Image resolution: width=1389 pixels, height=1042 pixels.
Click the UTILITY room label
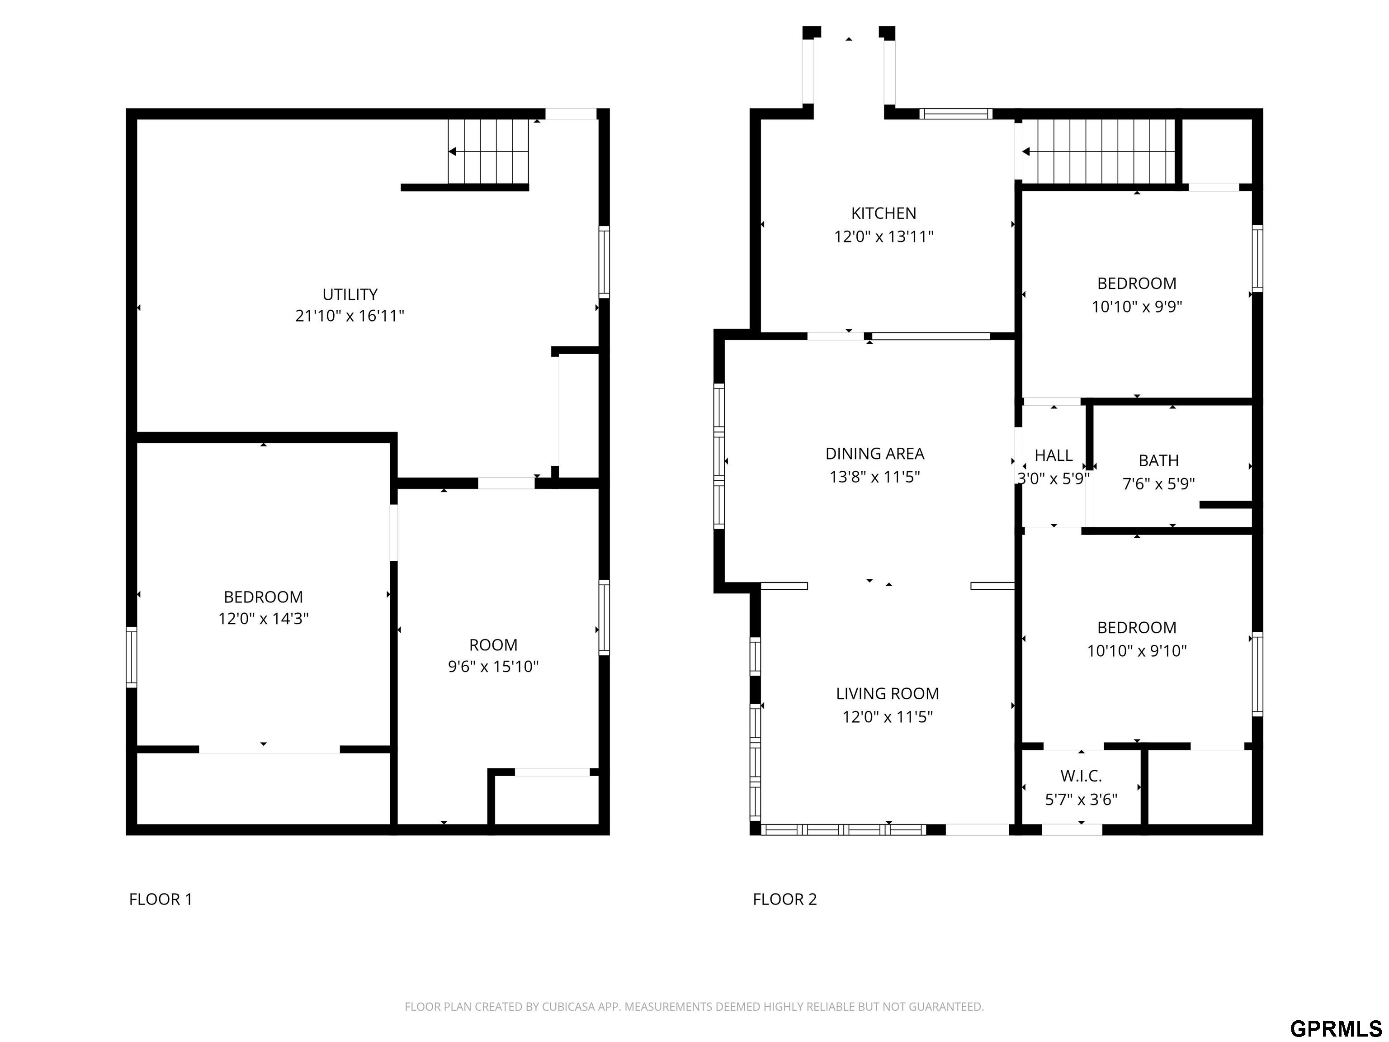(350, 294)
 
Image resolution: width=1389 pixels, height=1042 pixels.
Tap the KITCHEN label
(883, 213)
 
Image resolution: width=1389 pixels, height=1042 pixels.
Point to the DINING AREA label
(875, 454)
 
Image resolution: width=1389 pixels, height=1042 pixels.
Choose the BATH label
(1158, 460)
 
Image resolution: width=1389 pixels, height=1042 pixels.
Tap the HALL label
(1054, 455)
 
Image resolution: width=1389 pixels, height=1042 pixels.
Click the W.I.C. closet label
(1081, 777)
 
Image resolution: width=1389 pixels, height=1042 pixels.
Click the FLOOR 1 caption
(161, 900)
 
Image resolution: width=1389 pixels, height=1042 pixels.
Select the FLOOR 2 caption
(785, 900)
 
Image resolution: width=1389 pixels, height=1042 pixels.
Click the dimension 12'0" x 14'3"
(263, 619)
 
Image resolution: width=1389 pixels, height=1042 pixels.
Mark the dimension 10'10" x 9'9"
(1137, 307)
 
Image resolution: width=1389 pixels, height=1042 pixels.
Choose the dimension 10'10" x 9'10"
(1137, 651)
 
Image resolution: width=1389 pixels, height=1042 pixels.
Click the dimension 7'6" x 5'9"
(1158, 483)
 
